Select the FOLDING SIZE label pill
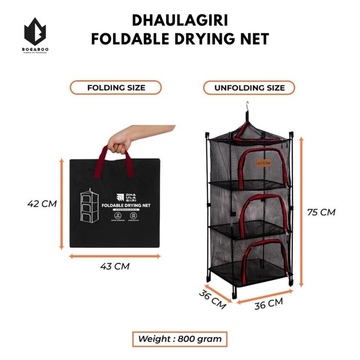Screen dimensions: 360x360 point(116,87)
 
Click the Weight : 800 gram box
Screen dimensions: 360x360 point(180,338)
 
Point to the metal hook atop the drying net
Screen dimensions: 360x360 point(248,110)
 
